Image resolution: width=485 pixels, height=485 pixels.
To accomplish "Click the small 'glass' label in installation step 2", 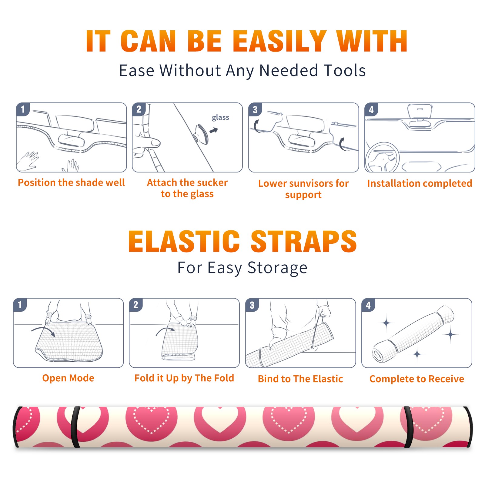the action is point(220,118).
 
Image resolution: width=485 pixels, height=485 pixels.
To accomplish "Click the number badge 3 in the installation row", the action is point(255,109).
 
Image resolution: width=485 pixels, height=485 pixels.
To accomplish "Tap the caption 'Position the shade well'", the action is point(71,182).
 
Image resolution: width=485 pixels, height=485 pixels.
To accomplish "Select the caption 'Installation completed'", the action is point(420,183).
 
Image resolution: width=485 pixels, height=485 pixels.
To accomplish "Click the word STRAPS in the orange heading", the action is point(304,241).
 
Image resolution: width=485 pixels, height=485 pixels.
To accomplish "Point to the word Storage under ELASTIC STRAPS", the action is point(277,268).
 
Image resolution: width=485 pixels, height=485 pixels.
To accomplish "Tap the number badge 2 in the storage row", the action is point(135,305).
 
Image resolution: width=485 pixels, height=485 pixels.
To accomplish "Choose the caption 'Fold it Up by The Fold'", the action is point(184,378).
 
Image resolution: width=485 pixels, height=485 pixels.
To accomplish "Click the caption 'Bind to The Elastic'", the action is point(300,379).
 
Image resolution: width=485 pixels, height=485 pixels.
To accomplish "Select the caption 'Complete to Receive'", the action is point(417,379).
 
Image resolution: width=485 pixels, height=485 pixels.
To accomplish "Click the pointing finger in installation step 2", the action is point(150,142).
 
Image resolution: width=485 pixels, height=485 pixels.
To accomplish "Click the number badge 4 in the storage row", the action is point(368,305).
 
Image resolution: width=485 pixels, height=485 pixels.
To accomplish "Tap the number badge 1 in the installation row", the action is point(23,109).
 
